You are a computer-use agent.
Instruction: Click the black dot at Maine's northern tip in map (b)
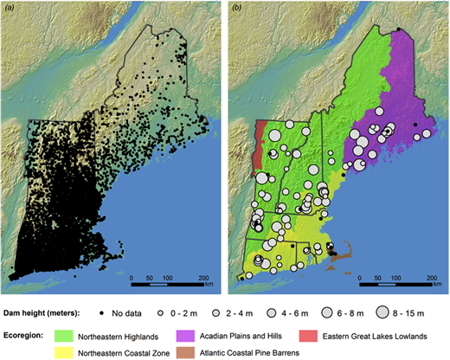point(397,30)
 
